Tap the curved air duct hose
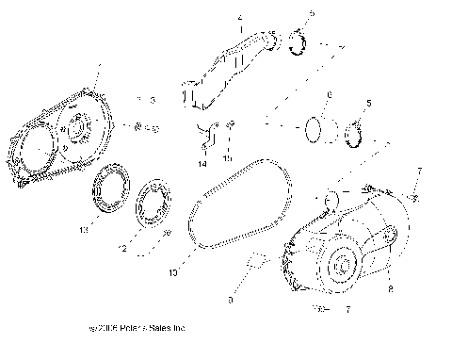(231, 67)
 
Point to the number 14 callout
(202, 164)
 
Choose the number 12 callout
(121, 249)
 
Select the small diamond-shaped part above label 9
(253, 260)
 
